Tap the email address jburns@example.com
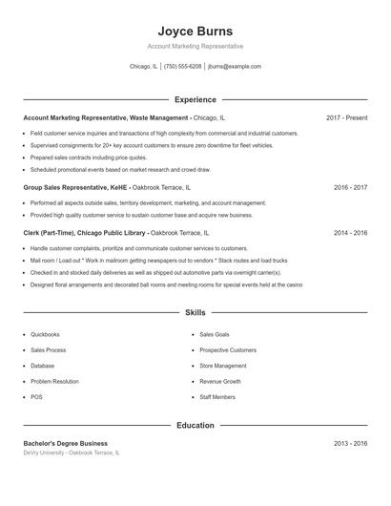click(x=234, y=67)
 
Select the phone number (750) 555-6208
click(x=183, y=67)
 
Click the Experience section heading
click(x=195, y=99)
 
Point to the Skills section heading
click(x=195, y=312)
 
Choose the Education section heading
click(x=195, y=425)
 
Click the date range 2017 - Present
click(x=346, y=117)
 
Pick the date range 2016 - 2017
click(x=350, y=188)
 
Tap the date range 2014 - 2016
click(x=350, y=232)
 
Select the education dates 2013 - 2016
click(x=350, y=443)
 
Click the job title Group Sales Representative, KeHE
click(x=76, y=188)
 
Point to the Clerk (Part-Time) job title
click(x=85, y=232)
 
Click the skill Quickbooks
click(x=45, y=335)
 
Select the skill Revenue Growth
click(x=219, y=381)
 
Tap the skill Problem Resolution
click(x=54, y=381)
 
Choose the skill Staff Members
click(x=217, y=396)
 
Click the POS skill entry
click(x=36, y=396)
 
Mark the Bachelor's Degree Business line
click(x=65, y=443)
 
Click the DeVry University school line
click(x=72, y=453)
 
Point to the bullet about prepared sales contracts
click(x=89, y=158)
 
